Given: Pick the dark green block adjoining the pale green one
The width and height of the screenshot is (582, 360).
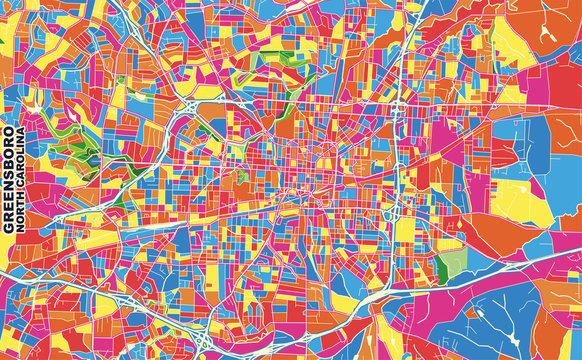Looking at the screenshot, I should (439, 267).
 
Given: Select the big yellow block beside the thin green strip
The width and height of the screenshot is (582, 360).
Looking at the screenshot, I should (510, 40).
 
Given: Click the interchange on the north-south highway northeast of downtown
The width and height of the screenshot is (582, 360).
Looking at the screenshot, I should (398, 108).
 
